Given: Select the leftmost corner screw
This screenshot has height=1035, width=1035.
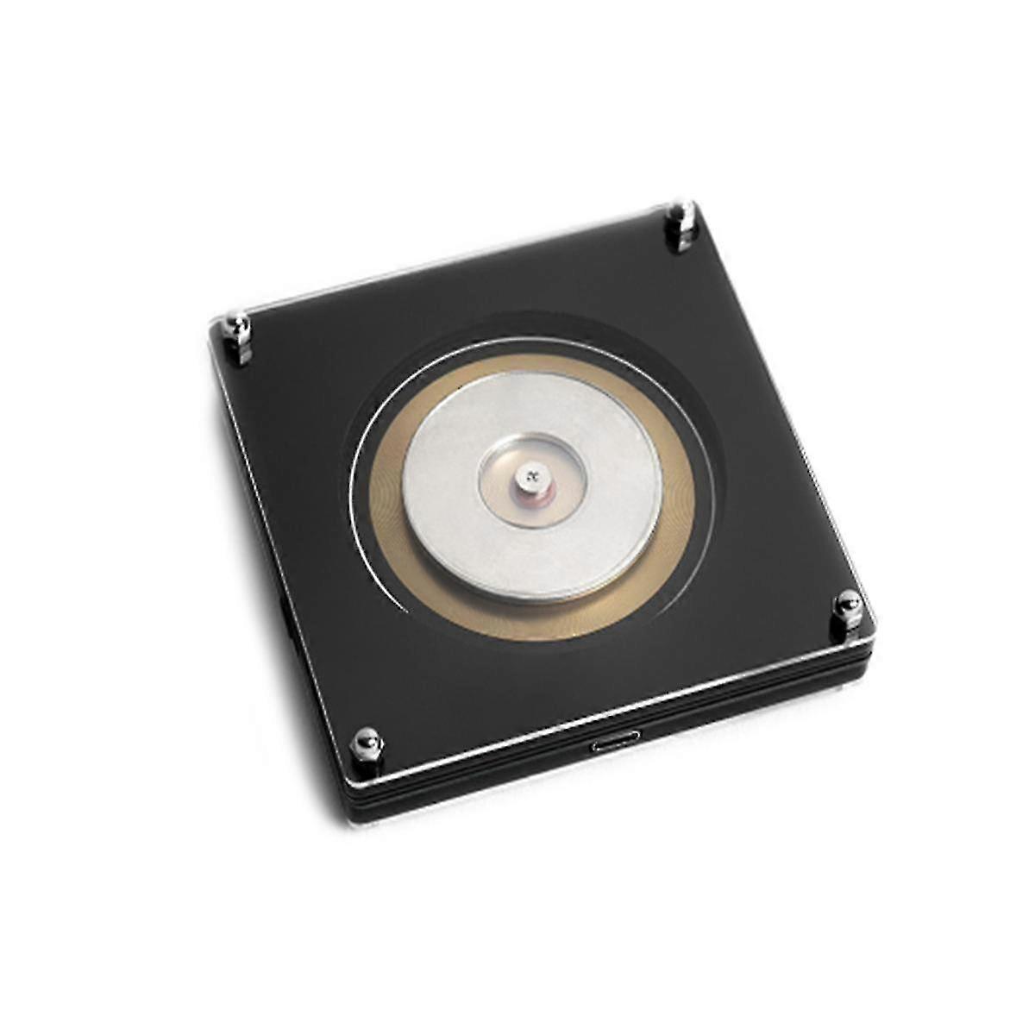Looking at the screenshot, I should (x=236, y=326).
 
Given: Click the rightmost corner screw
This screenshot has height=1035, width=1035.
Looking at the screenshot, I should (x=846, y=601).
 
